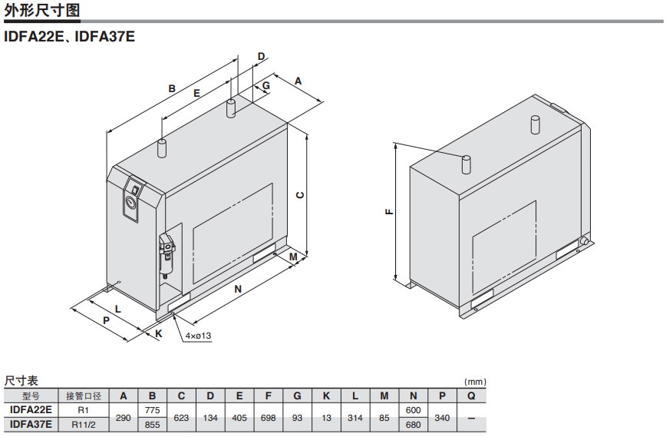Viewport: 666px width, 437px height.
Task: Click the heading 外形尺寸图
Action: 41,10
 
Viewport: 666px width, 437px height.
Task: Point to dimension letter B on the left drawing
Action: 172,88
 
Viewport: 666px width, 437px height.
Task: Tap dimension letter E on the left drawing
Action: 196,94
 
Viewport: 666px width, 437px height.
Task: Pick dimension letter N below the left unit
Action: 238,289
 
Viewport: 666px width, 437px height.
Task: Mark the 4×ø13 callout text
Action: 197,336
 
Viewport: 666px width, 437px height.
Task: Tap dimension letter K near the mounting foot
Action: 159,333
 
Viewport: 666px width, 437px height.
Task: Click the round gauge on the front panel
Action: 130,204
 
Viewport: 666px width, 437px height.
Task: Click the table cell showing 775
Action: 152,411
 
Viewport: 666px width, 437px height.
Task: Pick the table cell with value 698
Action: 268,418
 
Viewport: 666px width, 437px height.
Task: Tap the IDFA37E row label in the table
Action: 31,424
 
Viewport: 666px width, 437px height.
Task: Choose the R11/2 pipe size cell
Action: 84,424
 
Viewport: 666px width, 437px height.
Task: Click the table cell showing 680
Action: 413,424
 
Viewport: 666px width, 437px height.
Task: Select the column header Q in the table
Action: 471,396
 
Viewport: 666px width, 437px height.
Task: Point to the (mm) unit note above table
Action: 475,382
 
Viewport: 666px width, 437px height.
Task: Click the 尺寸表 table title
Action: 21,381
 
